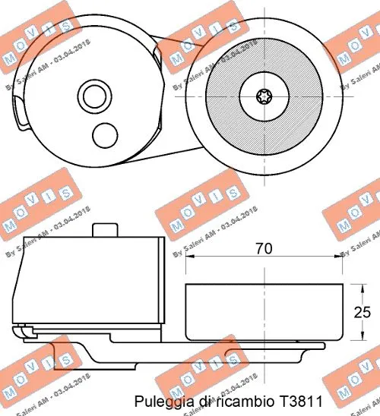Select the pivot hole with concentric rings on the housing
pyautogui.click(x=95, y=96)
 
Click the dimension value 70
pyautogui.click(x=264, y=247)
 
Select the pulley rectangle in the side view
pyautogui.click(x=264, y=311)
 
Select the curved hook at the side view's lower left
pyautogui.click(x=21, y=332)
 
